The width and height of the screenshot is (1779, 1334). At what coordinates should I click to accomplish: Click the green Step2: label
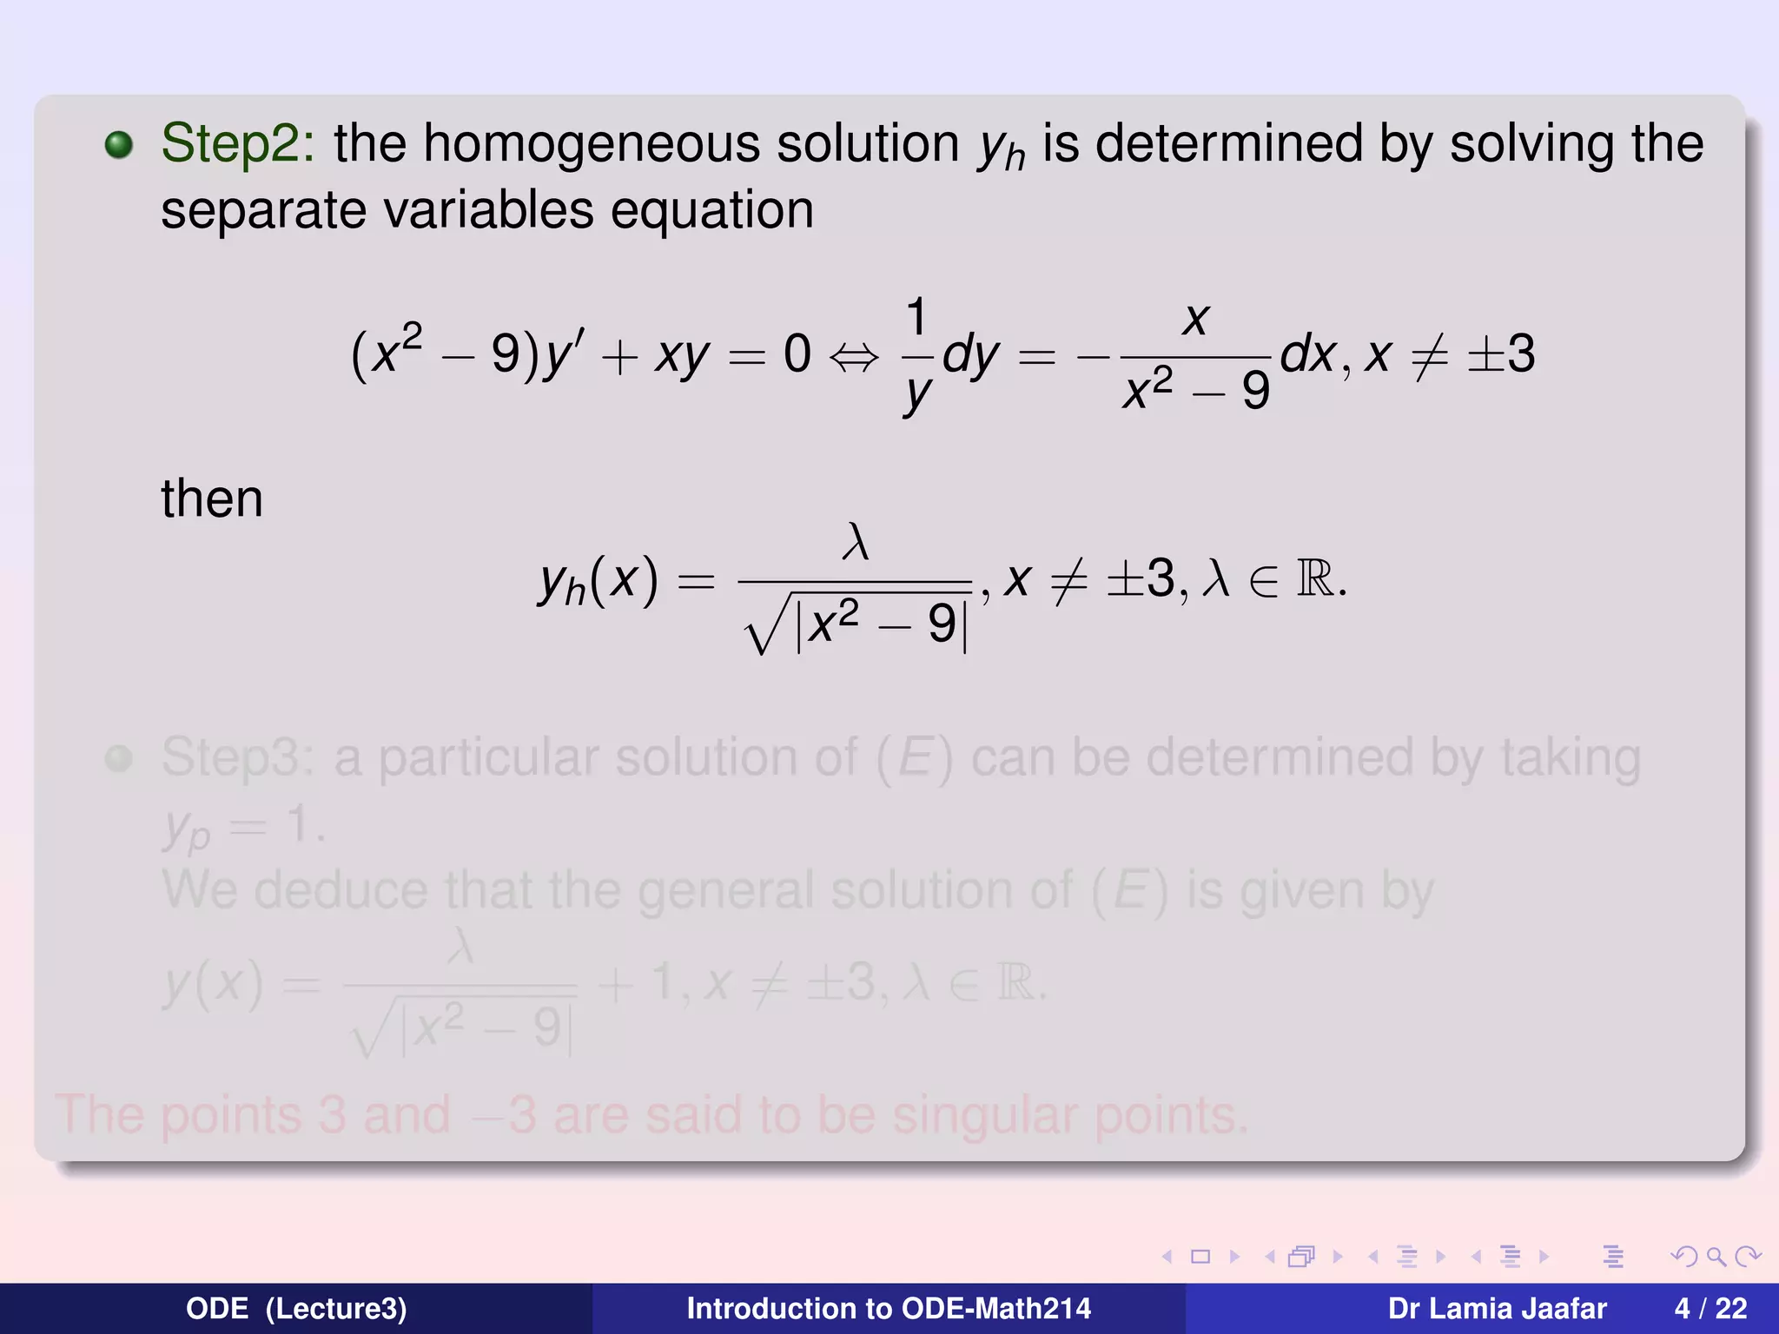click(x=237, y=143)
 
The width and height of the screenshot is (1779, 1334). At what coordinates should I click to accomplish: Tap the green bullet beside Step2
click(x=119, y=145)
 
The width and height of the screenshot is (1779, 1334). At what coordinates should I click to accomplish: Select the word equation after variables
click(x=712, y=211)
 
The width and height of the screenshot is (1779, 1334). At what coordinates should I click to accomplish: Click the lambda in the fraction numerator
click(x=856, y=543)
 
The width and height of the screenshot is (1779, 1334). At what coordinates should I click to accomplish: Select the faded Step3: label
click(x=237, y=757)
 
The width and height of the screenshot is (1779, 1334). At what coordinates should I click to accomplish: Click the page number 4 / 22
click(x=1710, y=1308)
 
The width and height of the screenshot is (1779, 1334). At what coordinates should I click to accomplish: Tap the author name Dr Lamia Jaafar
click(x=1497, y=1308)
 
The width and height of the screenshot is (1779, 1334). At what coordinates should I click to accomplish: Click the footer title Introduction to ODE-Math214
click(x=889, y=1308)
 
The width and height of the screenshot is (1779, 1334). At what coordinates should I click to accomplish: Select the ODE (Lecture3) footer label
click(x=296, y=1308)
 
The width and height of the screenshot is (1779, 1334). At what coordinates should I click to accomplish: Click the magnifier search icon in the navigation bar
click(x=1716, y=1257)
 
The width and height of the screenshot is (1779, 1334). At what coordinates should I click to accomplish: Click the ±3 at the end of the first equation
click(x=1500, y=354)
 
